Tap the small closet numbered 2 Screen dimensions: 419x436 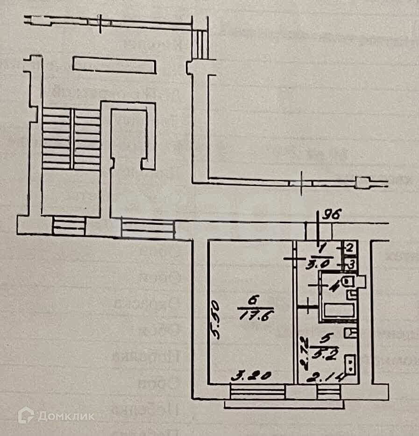pyautogui.click(x=349, y=248)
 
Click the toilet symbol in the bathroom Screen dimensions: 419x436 pyautogui.click(x=348, y=281)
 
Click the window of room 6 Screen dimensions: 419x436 pyautogui.click(x=257, y=391)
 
